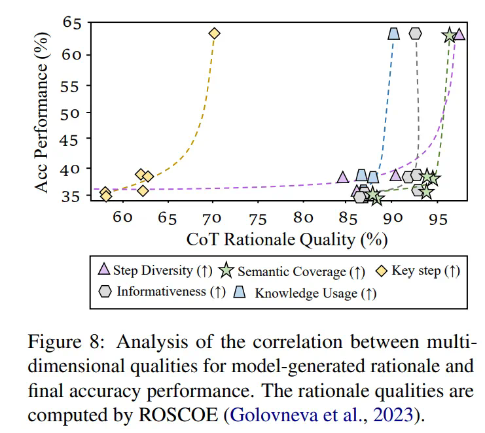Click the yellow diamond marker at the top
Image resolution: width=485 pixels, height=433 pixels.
tap(214, 33)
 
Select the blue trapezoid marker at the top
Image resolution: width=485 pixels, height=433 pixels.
tap(394, 33)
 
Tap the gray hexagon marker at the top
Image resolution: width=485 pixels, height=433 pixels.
tap(415, 33)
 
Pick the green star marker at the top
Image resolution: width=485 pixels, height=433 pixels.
tap(449, 35)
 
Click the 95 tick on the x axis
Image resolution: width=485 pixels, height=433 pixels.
tap(437, 218)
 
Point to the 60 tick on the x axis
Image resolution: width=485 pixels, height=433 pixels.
tap(122, 218)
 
